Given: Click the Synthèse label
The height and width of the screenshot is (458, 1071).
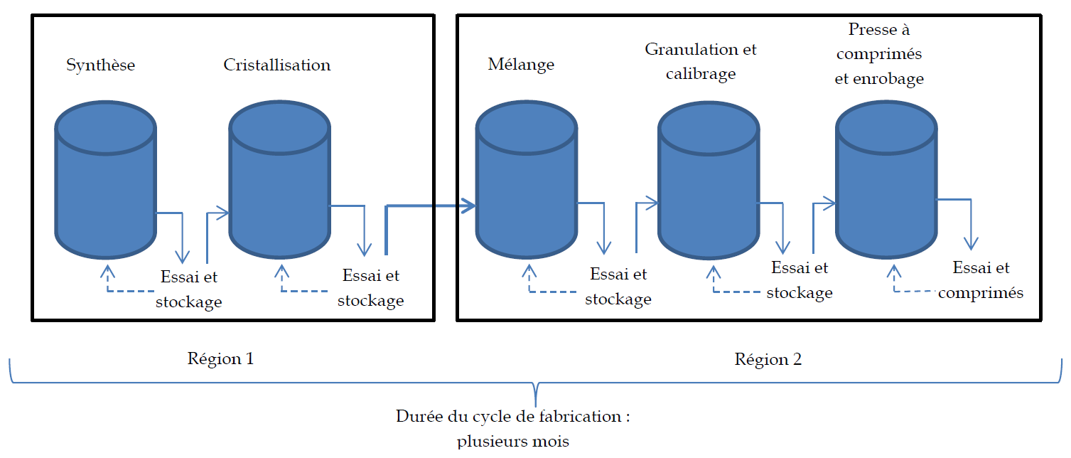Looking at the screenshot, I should (100, 65).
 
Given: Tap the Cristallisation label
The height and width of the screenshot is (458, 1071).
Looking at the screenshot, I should (276, 65).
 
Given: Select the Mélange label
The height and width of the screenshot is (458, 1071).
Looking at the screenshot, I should (521, 65).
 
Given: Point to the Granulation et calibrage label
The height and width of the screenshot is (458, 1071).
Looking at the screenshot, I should (701, 61).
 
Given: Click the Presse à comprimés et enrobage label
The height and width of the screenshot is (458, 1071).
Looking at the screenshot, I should (879, 55).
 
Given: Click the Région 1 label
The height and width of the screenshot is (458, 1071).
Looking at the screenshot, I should (220, 359).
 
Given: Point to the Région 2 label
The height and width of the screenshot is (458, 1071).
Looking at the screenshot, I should (768, 360).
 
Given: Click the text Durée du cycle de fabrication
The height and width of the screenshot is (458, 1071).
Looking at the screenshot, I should (513, 417).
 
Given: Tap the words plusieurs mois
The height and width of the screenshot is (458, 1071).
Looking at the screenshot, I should (513, 442).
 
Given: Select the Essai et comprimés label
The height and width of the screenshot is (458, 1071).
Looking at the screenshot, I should (981, 280).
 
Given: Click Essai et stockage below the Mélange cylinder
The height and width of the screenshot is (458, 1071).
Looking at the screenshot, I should (618, 287).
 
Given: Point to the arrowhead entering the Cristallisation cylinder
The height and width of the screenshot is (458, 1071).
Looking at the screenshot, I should (222, 212).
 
